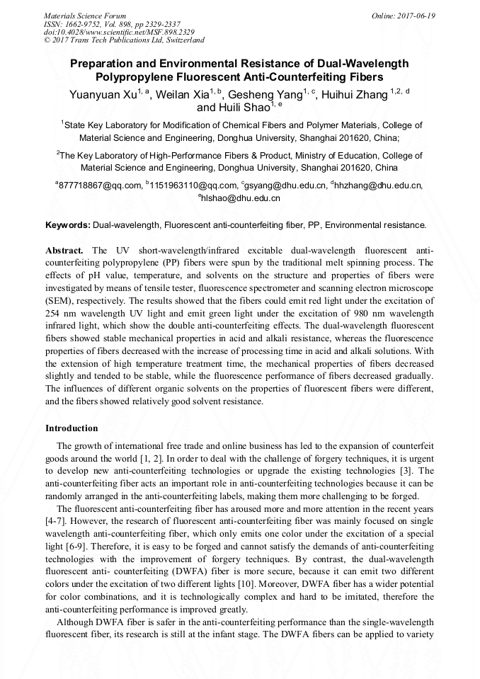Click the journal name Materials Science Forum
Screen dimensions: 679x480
click(x=85, y=16)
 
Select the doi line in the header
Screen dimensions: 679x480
click(x=120, y=32)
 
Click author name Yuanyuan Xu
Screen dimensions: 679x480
click(x=103, y=96)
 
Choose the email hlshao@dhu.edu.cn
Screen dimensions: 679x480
click(x=241, y=198)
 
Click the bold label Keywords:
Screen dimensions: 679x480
click(x=68, y=225)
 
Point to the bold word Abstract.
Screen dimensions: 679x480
click(x=64, y=251)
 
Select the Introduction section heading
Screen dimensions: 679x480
click(x=72, y=428)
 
